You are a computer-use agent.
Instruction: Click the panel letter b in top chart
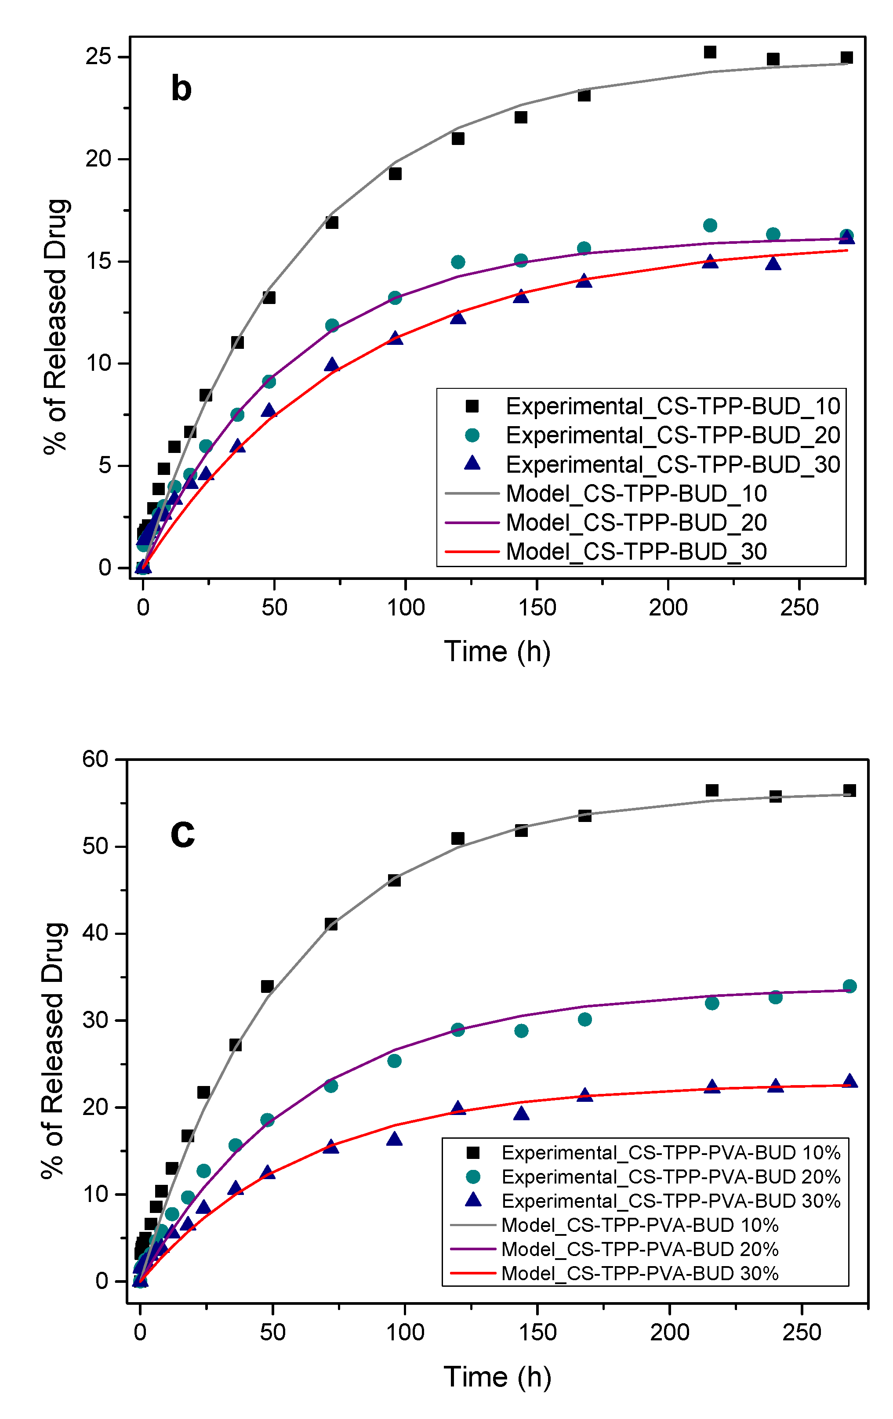click(x=181, y=88)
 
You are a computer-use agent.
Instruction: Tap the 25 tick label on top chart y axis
click(x=98, y=57)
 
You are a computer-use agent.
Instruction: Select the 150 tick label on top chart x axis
click(x=537, y=608)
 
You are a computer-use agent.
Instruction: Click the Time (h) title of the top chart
click(x=497, y=652)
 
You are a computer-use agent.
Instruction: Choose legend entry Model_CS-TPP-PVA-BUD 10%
click(x=639, y=1225)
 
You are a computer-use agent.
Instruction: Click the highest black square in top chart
click(x=710, y=52)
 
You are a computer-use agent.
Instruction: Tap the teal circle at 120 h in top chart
click(x=458, y=262)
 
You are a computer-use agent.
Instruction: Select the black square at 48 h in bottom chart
click(x=267, y=986)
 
